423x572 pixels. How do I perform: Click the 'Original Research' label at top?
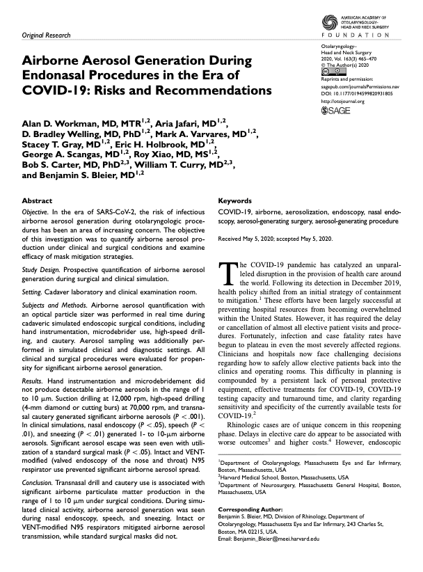[x=47, y=34]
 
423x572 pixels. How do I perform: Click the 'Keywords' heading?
[x=236, y=200]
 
